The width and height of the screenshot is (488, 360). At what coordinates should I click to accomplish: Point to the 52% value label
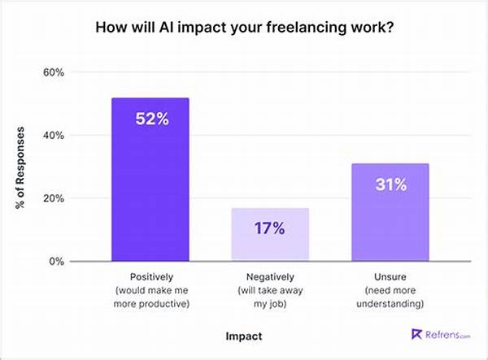tap(151, 119)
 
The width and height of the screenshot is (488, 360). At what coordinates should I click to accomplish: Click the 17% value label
tap(269, 228)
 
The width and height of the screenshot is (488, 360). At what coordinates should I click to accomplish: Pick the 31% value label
tap(390, 185)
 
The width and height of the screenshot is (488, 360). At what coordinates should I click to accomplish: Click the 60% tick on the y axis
tap(53, 72)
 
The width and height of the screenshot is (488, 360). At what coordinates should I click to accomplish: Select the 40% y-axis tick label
tap(53, 136)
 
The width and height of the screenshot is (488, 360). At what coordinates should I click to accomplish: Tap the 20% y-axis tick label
tap(53, 198)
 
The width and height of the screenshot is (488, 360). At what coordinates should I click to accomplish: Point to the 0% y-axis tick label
tap(56, 262)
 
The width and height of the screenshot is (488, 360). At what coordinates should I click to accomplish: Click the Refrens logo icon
tap(417, 333)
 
